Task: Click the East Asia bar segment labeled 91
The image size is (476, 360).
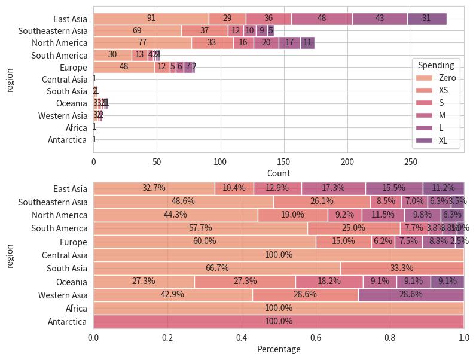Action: [151, 19]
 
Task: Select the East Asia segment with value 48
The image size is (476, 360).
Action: [322, 19]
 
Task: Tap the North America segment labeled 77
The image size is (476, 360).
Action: [142, 43]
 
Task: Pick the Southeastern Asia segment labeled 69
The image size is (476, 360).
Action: [137, 30]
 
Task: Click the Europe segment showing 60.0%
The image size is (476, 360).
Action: [205, 242]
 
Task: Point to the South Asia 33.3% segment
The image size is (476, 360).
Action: [401, 268]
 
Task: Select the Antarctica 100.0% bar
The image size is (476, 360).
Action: [278, 321]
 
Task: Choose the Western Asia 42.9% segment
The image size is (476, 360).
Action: [172, 295]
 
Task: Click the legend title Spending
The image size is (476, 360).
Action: [436, 65]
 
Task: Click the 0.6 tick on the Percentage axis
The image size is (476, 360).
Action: [316, 337]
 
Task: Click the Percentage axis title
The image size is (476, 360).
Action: [278, 349]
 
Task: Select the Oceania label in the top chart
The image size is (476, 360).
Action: [71, 104]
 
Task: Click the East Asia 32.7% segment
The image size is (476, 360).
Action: [154, 188]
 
